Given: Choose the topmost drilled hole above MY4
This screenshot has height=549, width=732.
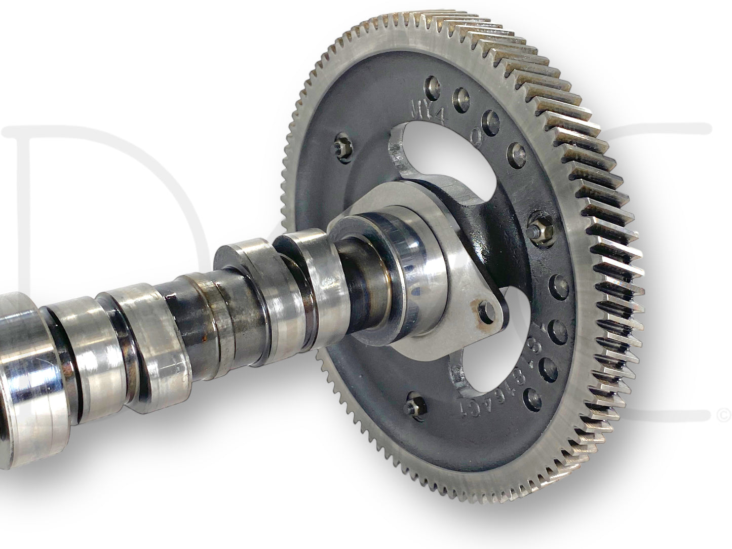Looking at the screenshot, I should (433, 84).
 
